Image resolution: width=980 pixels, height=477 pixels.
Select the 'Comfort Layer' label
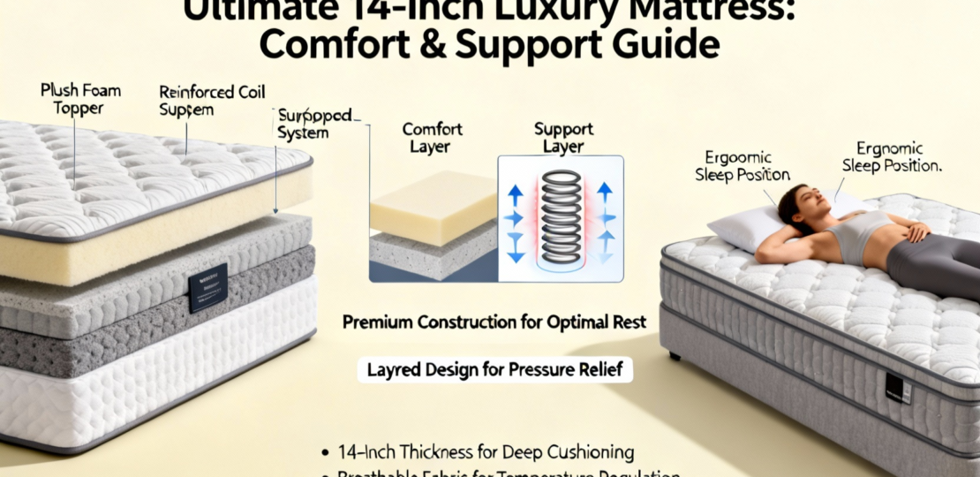(x=432, y=138)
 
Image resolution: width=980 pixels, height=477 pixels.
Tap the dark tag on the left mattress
(x=207, y=287)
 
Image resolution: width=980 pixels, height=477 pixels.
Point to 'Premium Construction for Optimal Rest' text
(x=494, y=323)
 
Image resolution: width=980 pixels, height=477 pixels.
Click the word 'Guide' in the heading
(x=658, y=43)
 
